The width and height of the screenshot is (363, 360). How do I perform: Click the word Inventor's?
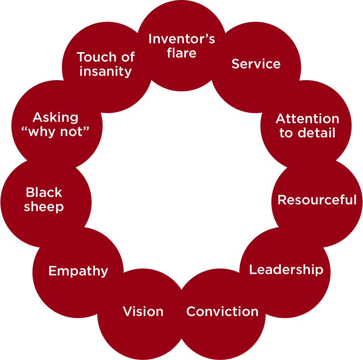[181, 39]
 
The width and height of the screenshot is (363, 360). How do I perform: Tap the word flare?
[181, 53]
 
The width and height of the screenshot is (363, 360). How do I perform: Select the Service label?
[256, 64]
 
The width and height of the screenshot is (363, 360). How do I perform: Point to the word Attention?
[307, 119]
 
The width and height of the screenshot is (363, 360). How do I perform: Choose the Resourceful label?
[317, 200]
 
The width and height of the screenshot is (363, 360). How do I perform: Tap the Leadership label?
[286, 270]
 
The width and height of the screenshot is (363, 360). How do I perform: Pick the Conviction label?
[222, 311]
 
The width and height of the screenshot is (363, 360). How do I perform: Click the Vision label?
[143, 311]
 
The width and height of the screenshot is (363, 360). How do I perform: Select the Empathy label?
[78, 271]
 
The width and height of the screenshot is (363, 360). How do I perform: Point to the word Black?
[44, 193]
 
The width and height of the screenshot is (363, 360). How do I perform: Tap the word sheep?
[44, 207]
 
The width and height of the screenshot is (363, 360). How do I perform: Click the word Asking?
[55, 118]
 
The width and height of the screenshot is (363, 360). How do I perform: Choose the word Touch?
[96, 57]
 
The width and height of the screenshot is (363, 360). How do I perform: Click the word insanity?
[105, 71]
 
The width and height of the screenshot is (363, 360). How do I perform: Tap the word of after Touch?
[128, 57]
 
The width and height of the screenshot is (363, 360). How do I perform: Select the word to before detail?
[286, 133]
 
